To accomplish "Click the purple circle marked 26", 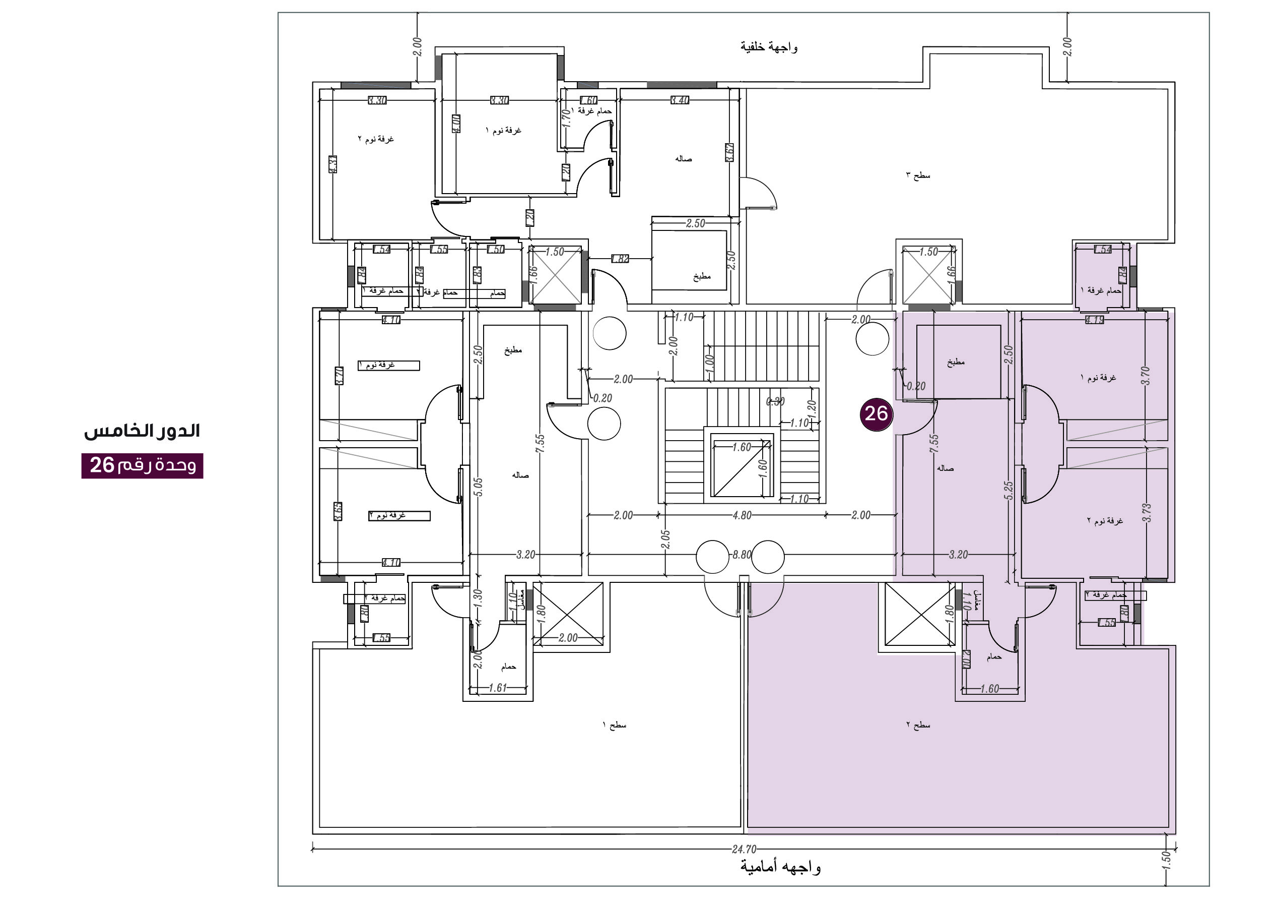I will pos(876,414).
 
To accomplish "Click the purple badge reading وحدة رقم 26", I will pos(143,465).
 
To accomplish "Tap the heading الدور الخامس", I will pos(142,431).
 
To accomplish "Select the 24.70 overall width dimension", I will pos(744,849).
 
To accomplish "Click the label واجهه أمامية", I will pos(780,867).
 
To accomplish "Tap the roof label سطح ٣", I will pos(918,176).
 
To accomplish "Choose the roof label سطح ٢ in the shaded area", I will pos(918,725).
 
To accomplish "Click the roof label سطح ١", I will pos(614,725).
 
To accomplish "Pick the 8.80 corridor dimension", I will pos(742,554).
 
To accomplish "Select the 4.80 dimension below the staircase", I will pos(742,515).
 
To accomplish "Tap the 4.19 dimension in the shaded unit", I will pos(1094,320).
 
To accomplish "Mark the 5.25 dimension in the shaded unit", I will pos(1009,490).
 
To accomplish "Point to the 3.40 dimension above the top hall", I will pos(680,100).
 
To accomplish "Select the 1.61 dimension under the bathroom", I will pos(498,688).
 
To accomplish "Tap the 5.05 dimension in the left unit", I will pos(479,487).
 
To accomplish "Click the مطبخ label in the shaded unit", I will pos(956,363).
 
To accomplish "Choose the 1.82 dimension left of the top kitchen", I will pos(620,259).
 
